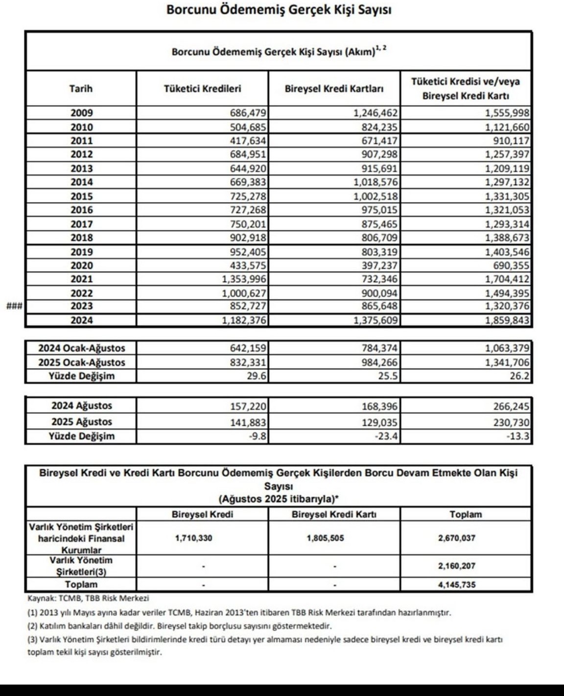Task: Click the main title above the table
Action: pyautogui.click(x=279, y=10)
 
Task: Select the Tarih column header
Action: pyautogui.click(x=81, y=89)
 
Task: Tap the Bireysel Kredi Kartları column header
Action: pyautogui.click(x=334, y=89)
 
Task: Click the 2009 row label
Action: pyautogui.click(x=81, y=113)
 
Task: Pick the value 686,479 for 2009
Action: pyautogui.click(x=248, y=113)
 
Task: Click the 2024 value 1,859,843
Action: pyautogui.click(x=507, y=320)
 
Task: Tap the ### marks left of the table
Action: pyautogui.click(x=13, y=307)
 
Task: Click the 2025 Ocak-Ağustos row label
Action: pyautogui.click(x=82, y=362)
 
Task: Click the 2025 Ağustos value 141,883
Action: pyautogui.click(x=248, y=422)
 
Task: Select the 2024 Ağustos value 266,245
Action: pyautogui.click(x=510, y=407)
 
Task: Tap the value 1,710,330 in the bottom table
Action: pyautogui.click(x=193, y=538)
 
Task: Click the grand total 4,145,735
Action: pyautogui.click(x=457, y=585)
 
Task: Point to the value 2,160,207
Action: pyautogui.click(x=457, y=566)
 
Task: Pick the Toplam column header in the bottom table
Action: pyautogui.click(x=466, y=514)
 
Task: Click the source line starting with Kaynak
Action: pyautogui.click(x=89, y=599)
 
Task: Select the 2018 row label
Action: pyautogui.click(x=81, y=238)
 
